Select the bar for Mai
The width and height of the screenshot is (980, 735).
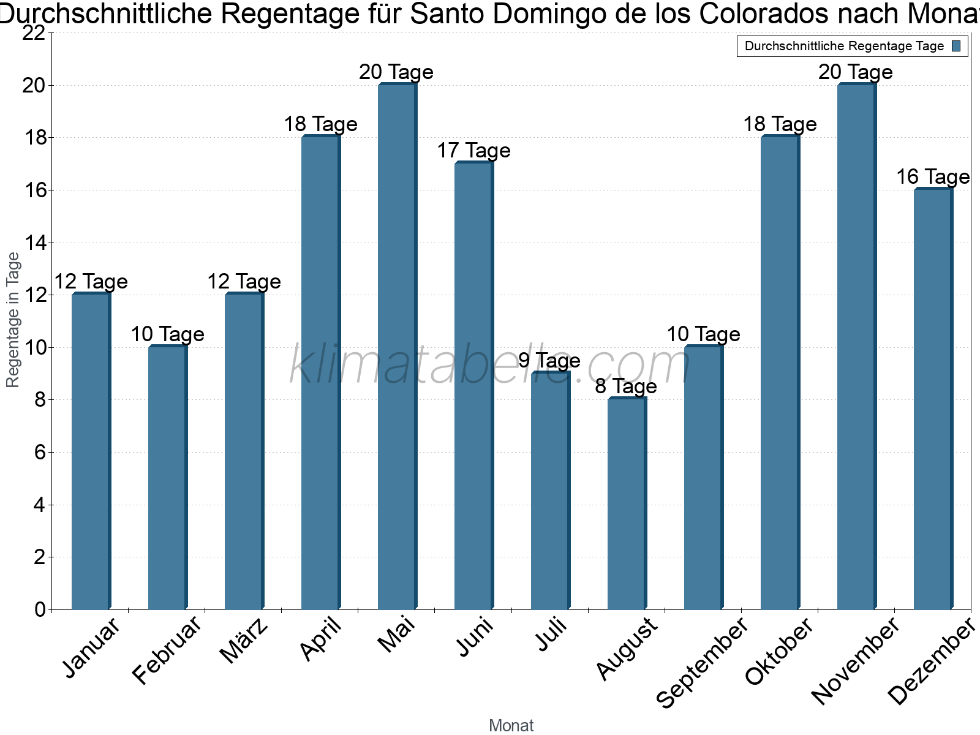pos(397,346)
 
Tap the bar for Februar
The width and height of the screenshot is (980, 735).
pos(167,478)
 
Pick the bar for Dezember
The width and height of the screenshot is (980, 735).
pos(933,398)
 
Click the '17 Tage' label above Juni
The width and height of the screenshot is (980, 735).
pos(473,151)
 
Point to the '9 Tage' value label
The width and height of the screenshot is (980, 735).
pos(549,361)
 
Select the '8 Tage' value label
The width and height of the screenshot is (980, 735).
pos(626,386)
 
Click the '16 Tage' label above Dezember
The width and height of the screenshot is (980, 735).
pos(933,177)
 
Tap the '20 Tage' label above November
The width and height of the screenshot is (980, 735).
pos(856,72)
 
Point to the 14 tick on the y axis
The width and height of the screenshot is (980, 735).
pos(34,243)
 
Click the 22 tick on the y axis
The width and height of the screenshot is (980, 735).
pos(34,34)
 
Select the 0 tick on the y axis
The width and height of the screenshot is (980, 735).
pos(40,609)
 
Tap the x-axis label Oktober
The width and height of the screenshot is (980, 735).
pos(780,651)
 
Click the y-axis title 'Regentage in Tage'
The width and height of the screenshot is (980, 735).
pos(13,320)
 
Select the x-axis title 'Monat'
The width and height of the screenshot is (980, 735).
pos(511,725)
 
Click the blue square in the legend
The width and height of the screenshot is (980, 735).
pos(956,47)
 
